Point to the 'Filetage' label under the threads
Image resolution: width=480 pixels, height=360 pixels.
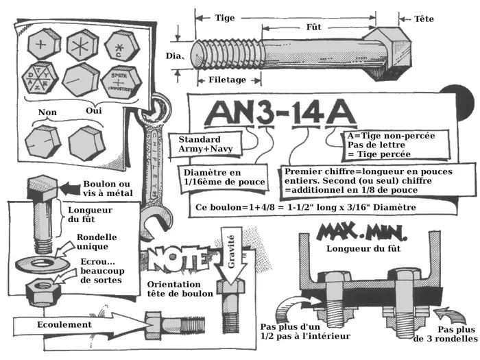click(x=227, y=80)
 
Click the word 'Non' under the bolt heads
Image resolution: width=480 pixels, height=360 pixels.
click(x=47, y=112)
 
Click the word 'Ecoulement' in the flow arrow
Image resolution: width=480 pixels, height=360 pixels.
click(x=64, y=324)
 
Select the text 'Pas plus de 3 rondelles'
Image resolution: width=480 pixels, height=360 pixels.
click(x=446, y=333)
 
